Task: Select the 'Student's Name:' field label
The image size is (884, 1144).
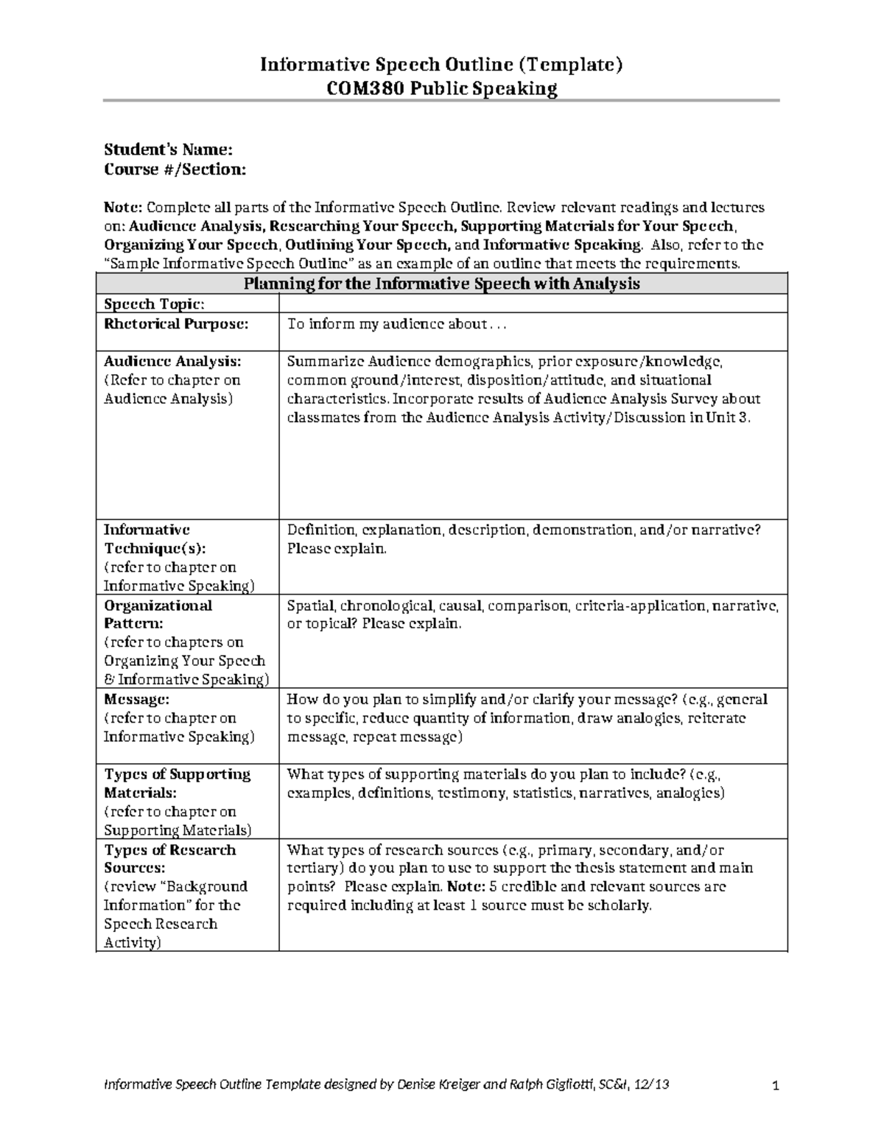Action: [168, 150]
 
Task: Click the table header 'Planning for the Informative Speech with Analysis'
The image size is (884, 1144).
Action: [441, 284]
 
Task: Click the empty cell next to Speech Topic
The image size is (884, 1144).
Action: [533, 304]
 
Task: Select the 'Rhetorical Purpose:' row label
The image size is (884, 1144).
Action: [176, 323]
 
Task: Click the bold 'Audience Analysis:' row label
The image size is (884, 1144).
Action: [172, 362]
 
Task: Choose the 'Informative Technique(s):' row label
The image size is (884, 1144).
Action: [155, 539]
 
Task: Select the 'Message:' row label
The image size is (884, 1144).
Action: [136, 699]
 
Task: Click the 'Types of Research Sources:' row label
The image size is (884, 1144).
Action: [169, 859]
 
